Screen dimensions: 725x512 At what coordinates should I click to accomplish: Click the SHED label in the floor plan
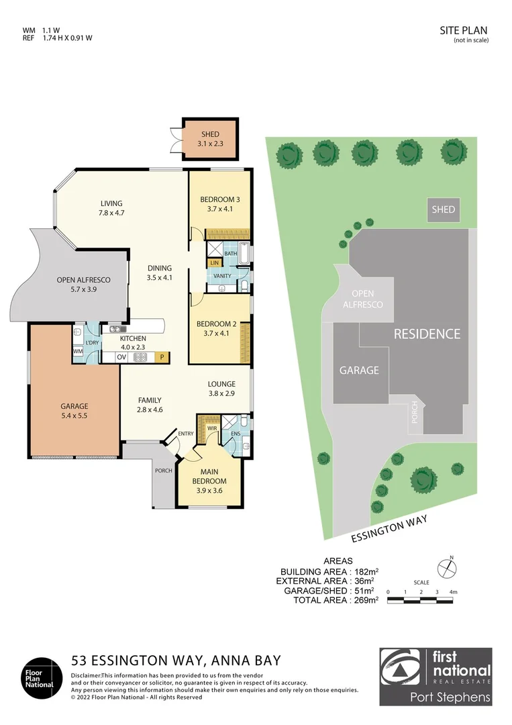click(210, 134)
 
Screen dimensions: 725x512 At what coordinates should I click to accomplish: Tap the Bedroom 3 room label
click(220, 199)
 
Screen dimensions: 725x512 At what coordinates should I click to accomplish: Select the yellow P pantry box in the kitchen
click(162, 357)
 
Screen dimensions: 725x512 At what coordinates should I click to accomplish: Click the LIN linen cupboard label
click(215, 262)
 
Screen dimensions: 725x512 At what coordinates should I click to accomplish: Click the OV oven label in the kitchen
click(121, 357)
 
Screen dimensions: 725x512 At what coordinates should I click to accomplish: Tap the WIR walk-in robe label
click(211, 427)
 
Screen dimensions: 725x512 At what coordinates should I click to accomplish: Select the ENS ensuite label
click(235, 434)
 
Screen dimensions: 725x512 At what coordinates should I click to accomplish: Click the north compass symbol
click(446, 568)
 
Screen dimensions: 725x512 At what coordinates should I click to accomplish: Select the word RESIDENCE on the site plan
click(427, 334)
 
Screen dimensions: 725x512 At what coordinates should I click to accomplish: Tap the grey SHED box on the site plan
click(443, 209)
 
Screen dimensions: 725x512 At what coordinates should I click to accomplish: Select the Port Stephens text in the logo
click(450, 697)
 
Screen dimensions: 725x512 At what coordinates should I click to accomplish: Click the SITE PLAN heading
click(464, 30)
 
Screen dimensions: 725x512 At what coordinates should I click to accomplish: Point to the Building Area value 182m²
click(363, 571)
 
